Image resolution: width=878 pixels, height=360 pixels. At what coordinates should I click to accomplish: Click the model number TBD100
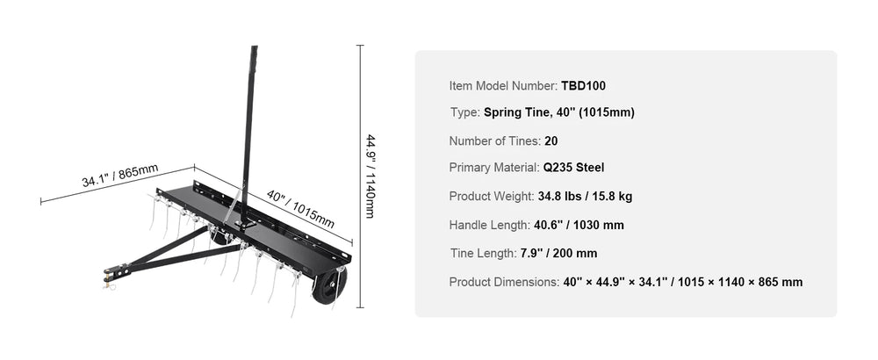pos(584,86)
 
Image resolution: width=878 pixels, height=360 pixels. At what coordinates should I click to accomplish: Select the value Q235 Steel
pos(573,168)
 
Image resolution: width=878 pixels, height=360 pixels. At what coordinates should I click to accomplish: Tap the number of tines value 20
pos(551,140)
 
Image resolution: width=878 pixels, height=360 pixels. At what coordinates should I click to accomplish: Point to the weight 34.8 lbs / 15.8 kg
pos(585,197)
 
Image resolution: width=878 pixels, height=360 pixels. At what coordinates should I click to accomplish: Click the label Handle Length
pos(489,225)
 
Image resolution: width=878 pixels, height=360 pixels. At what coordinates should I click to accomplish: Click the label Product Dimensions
pos(504,282)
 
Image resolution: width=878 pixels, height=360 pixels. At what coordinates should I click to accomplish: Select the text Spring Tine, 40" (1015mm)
pos(559,112)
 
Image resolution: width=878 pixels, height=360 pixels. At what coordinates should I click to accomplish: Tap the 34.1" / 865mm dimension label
pos(119,176)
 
